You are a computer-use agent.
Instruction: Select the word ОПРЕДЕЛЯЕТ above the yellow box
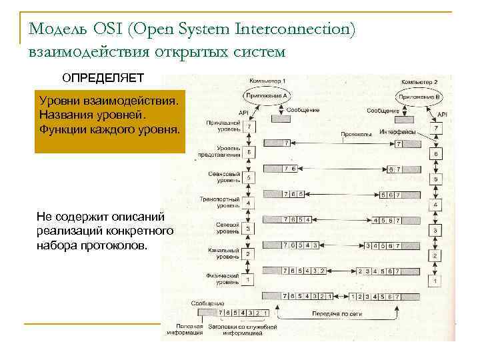click(x=103, y=77)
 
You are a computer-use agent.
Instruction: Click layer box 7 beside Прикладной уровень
click(x=248, y=127)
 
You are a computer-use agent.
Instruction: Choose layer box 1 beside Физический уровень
click(x=248, y=279)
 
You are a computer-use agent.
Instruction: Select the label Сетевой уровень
click(x=227, y=229)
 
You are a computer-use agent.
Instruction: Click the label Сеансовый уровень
click(x=223, y=177)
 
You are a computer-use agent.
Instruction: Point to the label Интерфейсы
click(x=397, y=132)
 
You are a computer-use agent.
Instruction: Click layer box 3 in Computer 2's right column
click(x=435, y=230)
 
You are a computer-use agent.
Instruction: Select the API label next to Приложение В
click(x=442, y=114)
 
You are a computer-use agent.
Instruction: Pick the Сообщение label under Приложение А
click(x=305, y=110)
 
